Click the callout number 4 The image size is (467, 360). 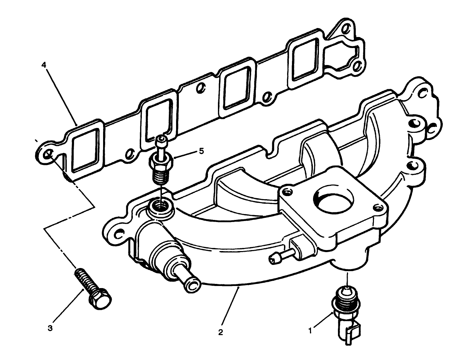point(43,65)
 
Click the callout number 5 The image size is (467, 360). point(201,151)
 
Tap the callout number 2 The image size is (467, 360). point(220,332)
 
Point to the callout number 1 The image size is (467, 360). point(310,331)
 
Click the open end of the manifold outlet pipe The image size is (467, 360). point(193,284)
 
